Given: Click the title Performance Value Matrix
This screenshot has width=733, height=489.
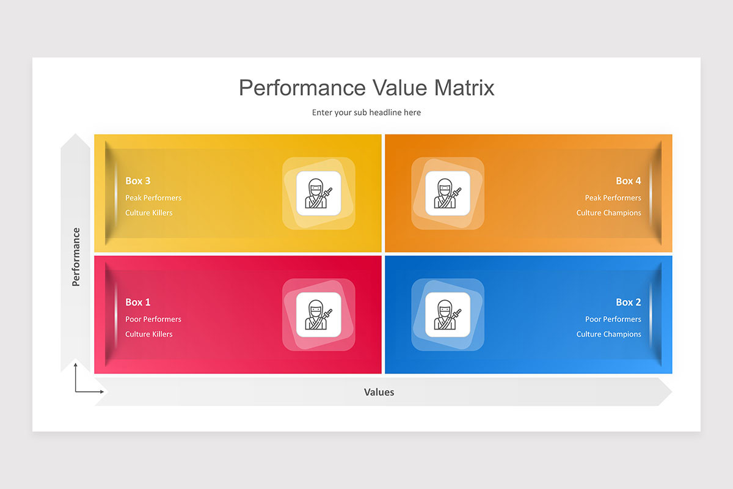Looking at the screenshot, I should point(366,88).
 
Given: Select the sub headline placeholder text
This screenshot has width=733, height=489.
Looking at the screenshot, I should point(366,112).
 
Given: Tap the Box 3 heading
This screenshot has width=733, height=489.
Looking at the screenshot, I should point(138,181).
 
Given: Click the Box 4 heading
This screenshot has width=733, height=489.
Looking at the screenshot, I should point(628,181).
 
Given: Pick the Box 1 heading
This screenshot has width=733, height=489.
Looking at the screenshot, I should point(138,302).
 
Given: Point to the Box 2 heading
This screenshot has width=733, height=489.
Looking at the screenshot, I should point(628,302).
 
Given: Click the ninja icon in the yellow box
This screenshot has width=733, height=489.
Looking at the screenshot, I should point(319,193).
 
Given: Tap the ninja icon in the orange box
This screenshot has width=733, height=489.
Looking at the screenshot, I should point(448,193).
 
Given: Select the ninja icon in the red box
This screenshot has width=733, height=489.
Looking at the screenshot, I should point(319,314).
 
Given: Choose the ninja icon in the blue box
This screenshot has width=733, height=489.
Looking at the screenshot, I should point(448,314).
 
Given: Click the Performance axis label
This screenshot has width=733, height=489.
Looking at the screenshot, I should point(76,257).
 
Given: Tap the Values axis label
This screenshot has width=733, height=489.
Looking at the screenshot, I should point(379,392).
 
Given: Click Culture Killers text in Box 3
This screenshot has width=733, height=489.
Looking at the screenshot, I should point(149,213).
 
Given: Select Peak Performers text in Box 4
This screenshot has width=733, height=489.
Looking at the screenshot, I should point(613,197).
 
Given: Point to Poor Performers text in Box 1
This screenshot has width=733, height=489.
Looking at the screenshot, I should point(153,319).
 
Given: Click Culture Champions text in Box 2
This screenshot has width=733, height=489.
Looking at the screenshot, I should point(608,334).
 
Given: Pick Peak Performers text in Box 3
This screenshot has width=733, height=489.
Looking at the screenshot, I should point(153,197).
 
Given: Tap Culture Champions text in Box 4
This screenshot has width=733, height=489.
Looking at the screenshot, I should point(608,213).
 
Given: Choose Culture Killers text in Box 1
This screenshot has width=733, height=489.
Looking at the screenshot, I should point(149,334).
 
